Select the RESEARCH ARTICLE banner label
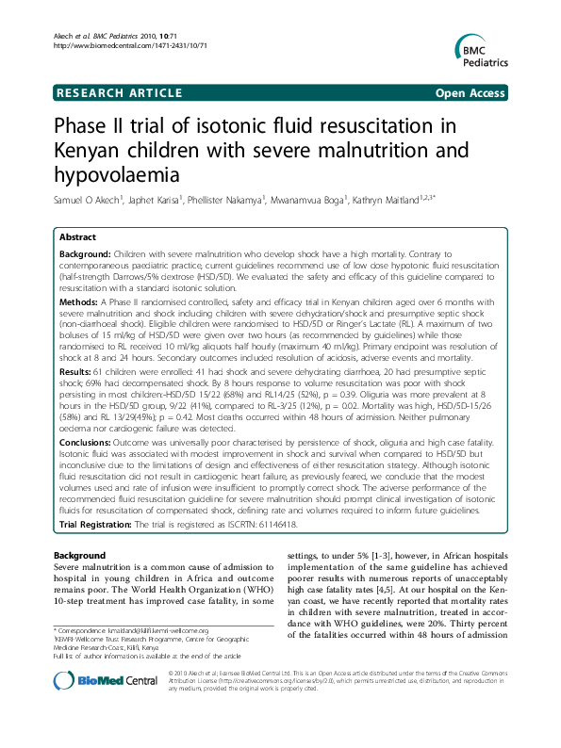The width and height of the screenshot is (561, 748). click(x=119, y=92)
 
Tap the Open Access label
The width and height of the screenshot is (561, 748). click(x=471, y=92)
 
